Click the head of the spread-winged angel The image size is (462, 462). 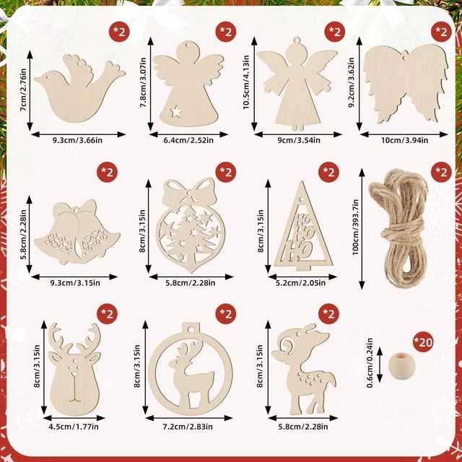pyautogui.click(x=295, y=54)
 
